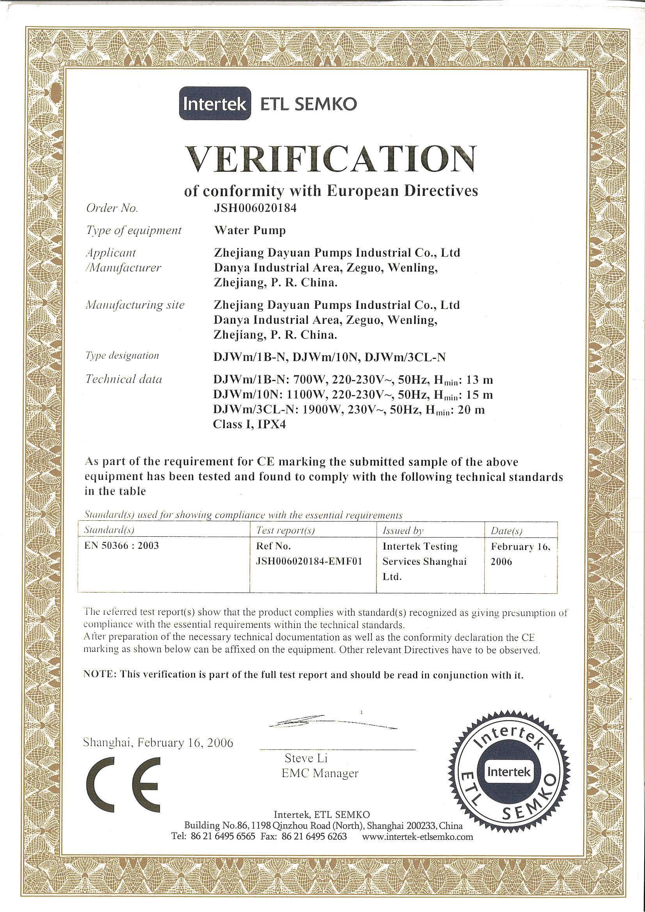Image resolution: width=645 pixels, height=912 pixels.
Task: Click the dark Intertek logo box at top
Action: click(215, 104)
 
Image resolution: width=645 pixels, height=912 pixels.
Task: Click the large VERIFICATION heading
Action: click(330, 159)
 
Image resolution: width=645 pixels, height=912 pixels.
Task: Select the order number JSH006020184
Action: click(255, 208)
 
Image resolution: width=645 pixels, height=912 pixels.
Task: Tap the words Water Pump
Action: click(250, 231)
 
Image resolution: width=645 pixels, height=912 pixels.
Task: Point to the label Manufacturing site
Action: click(135, 305)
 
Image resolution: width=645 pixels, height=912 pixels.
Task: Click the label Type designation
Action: click(123, 355)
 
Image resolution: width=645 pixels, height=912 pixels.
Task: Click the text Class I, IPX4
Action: click(249, 425)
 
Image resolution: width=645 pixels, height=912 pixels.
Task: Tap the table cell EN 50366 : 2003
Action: click(122, 546)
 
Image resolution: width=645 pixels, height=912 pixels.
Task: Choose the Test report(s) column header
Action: click(285, 530)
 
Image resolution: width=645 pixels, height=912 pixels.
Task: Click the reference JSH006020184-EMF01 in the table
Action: click(309, 561)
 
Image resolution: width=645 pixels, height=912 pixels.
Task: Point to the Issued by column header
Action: click(403, 531)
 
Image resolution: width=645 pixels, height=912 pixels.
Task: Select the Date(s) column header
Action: click(506, 531)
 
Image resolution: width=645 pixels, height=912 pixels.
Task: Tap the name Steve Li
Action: click(306, 758)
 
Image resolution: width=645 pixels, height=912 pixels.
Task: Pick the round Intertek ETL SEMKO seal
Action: click(509, 773)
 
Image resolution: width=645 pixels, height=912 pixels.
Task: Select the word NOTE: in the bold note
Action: click(100, 674)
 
